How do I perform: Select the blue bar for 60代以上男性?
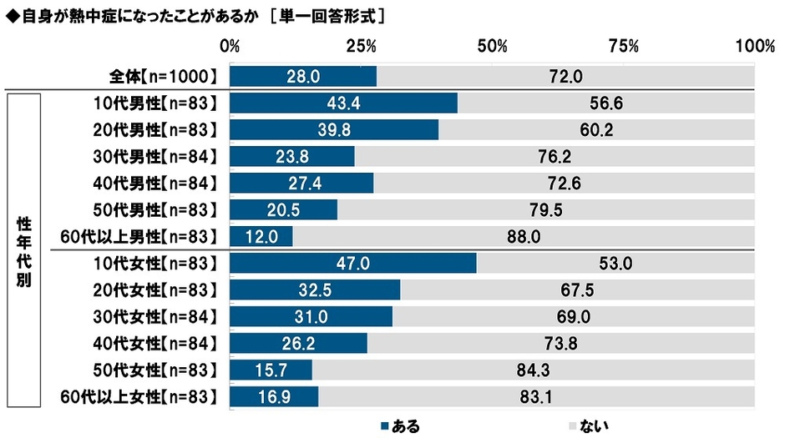coord(261,236)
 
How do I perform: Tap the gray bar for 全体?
coord(565,77)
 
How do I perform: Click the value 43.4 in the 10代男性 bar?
coord(343,103)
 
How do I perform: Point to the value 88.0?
coord(524,237)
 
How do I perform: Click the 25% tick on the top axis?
coord(361,45)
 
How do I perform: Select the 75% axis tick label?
coord(623,45)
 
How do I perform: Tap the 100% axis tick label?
coord(755,45)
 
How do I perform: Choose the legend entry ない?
coord(585,425)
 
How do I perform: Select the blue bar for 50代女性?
coord(271,370)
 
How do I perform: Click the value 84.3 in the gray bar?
coord(534,370)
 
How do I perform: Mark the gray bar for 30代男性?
coord(555,157)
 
